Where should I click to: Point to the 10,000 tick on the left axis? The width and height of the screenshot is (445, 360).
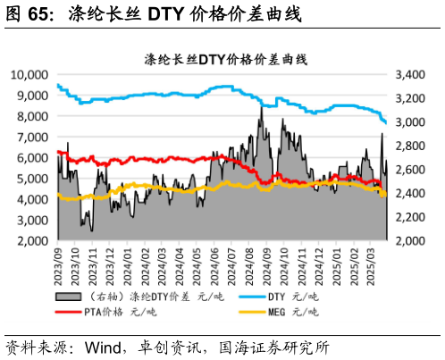point(29,74)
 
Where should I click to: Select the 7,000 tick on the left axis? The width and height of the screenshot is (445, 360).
point(32,137)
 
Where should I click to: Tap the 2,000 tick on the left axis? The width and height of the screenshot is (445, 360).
point(32,240)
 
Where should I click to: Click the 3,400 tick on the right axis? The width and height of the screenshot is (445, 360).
point(405,74)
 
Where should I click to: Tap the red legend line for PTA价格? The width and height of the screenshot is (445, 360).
point(67,312)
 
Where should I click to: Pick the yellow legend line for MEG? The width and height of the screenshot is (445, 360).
point(250,312)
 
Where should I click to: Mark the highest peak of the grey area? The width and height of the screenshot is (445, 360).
point(262,107)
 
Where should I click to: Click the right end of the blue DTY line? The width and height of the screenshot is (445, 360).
point(385,123)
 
